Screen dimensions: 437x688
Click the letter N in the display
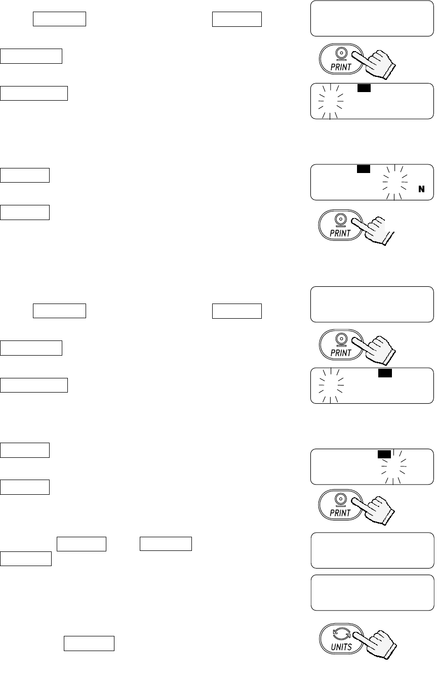click(421, 190)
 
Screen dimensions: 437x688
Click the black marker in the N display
click(363, 168)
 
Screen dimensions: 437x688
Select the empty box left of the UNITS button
click(89, 643)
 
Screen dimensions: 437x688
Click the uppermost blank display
click(372, 19)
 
